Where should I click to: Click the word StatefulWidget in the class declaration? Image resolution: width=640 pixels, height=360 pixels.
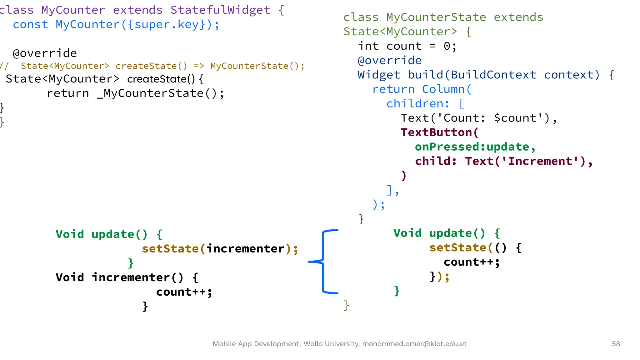tap(220, 10)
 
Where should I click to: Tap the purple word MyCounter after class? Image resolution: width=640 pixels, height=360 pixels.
tap(73, 10)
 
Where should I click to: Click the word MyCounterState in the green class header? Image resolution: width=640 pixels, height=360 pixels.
tap(436, 17)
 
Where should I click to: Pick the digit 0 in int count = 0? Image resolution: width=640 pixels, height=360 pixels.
tap(447, 46)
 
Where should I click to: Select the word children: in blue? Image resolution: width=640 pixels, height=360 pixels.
tap(418, 104)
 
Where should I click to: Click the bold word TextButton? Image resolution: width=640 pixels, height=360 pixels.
tap(436, 132)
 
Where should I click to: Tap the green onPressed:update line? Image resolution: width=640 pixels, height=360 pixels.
tap(475, 147)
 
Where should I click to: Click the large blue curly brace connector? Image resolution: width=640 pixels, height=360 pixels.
tap(324, 262)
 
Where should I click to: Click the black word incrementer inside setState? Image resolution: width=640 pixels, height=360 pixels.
tap(246, 249)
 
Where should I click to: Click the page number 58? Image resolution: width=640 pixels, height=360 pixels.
tap(616, 344)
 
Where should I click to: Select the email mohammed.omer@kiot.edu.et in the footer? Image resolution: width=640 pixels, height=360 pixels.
tap(414, 344)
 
